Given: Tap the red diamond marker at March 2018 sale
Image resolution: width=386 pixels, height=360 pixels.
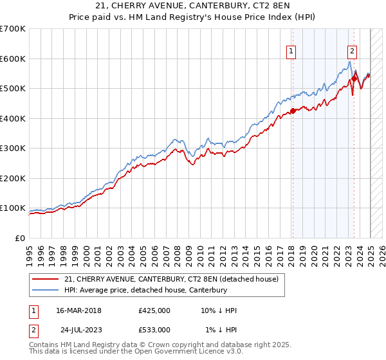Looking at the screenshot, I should pyautogui.click(x=292, y=111).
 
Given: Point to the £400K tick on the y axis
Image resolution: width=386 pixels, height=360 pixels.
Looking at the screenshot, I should pyautogui.click(x=14, y=118).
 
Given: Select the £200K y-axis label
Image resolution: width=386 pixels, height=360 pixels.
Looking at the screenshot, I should pyautogui.click(x=14, y=178).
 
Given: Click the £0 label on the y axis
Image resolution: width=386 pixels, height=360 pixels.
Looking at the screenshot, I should pyautogui.click(x=19, y=238).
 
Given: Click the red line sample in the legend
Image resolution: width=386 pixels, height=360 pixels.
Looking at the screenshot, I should pyautogui.click(x=44, y=279).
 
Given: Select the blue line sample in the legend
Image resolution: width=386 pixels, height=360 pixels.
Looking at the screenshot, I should pyautogui.click(x=44, y=290).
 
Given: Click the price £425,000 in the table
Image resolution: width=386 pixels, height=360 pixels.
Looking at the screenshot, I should pyautogui.click(x=154, y=310).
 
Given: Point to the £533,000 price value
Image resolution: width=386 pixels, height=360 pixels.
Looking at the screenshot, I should pyautogui.click(x=154, y=330).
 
